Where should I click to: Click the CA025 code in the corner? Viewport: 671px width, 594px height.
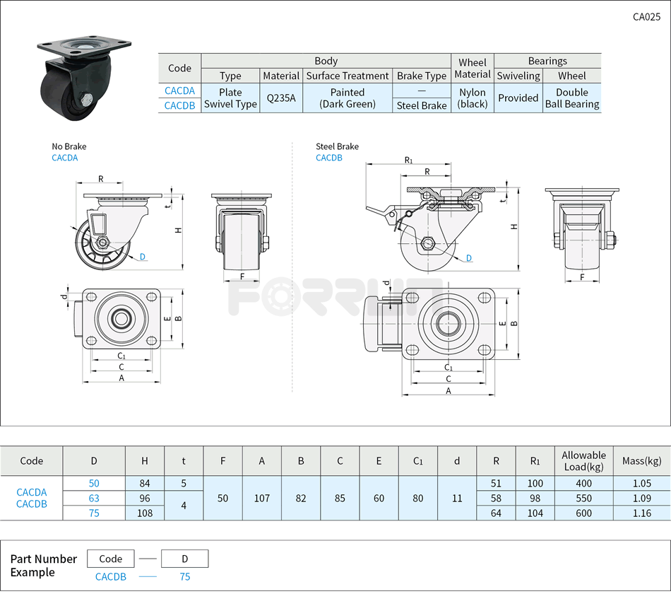coord(646,18)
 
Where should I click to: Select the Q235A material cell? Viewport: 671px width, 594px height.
coord(281,98)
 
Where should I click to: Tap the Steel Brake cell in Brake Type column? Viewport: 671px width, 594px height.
coord(421,105)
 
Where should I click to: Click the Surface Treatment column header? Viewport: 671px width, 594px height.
coord(348,76)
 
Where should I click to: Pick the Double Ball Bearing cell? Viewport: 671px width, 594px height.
coord(571,98)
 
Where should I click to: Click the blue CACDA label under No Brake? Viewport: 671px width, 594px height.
coord(64,158)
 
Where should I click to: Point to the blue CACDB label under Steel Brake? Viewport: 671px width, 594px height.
coord(328,158)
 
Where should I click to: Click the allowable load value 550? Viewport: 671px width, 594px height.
coord(583,498)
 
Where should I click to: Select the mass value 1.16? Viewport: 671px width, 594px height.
coord(641,513)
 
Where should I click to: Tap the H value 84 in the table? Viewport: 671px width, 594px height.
coord(145,483)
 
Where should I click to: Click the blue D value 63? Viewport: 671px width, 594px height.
coord(94,498)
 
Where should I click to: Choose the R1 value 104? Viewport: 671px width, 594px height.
coord(535,513)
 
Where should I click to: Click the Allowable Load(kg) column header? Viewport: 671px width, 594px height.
coord(583,460)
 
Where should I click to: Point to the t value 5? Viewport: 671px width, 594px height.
coord(184,483)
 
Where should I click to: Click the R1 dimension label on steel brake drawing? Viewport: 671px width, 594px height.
coord(408,161)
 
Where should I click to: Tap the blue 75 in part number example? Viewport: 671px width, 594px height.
coord(184,576)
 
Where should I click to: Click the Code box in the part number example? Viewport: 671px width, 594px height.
coord(110,559)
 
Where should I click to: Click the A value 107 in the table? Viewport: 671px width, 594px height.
coord(261,498)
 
